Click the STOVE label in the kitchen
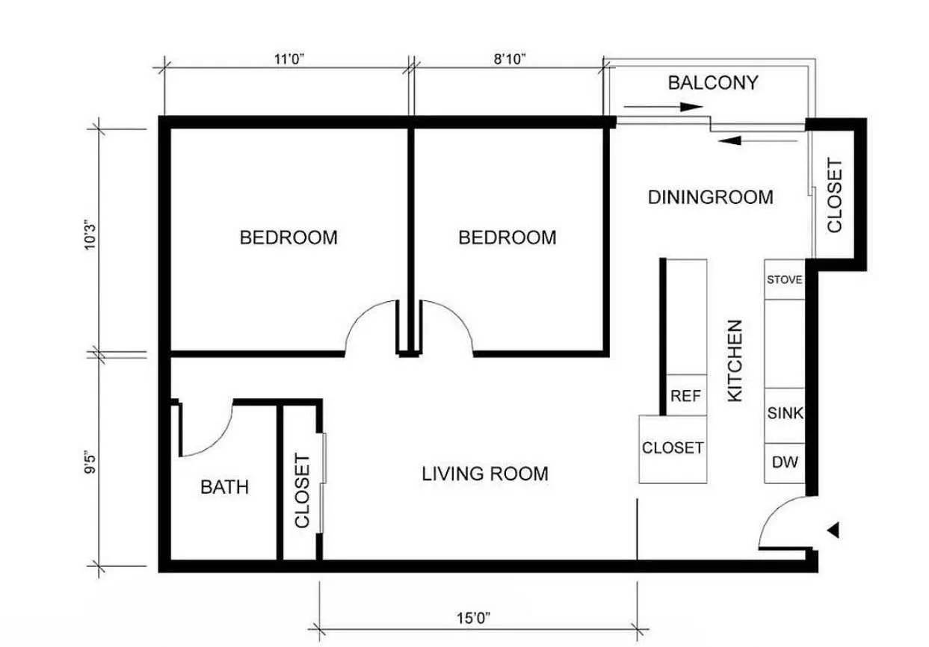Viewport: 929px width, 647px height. tap(784, 280)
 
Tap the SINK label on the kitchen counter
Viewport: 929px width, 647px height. tap(785, 413)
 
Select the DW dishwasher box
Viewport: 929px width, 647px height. tap(785, 462)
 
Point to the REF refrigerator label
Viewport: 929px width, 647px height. tap(685, 396)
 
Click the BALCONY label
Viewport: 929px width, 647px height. tap(712, 82)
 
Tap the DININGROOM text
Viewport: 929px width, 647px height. tap(710, 197)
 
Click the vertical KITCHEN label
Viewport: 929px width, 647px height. tap(735, 360)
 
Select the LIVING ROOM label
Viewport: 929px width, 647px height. tap(484, 474)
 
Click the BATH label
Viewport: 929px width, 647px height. tap(224, 487)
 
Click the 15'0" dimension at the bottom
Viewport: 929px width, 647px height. tap(473, 618)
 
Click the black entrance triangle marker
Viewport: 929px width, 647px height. tap(834, 530)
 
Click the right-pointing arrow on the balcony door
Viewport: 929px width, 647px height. tap(664, 107)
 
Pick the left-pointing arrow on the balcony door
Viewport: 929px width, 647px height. tap(759, 139)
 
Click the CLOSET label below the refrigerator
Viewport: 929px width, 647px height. tap(673, 448)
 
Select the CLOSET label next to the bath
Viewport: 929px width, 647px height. tap(302, 490)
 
